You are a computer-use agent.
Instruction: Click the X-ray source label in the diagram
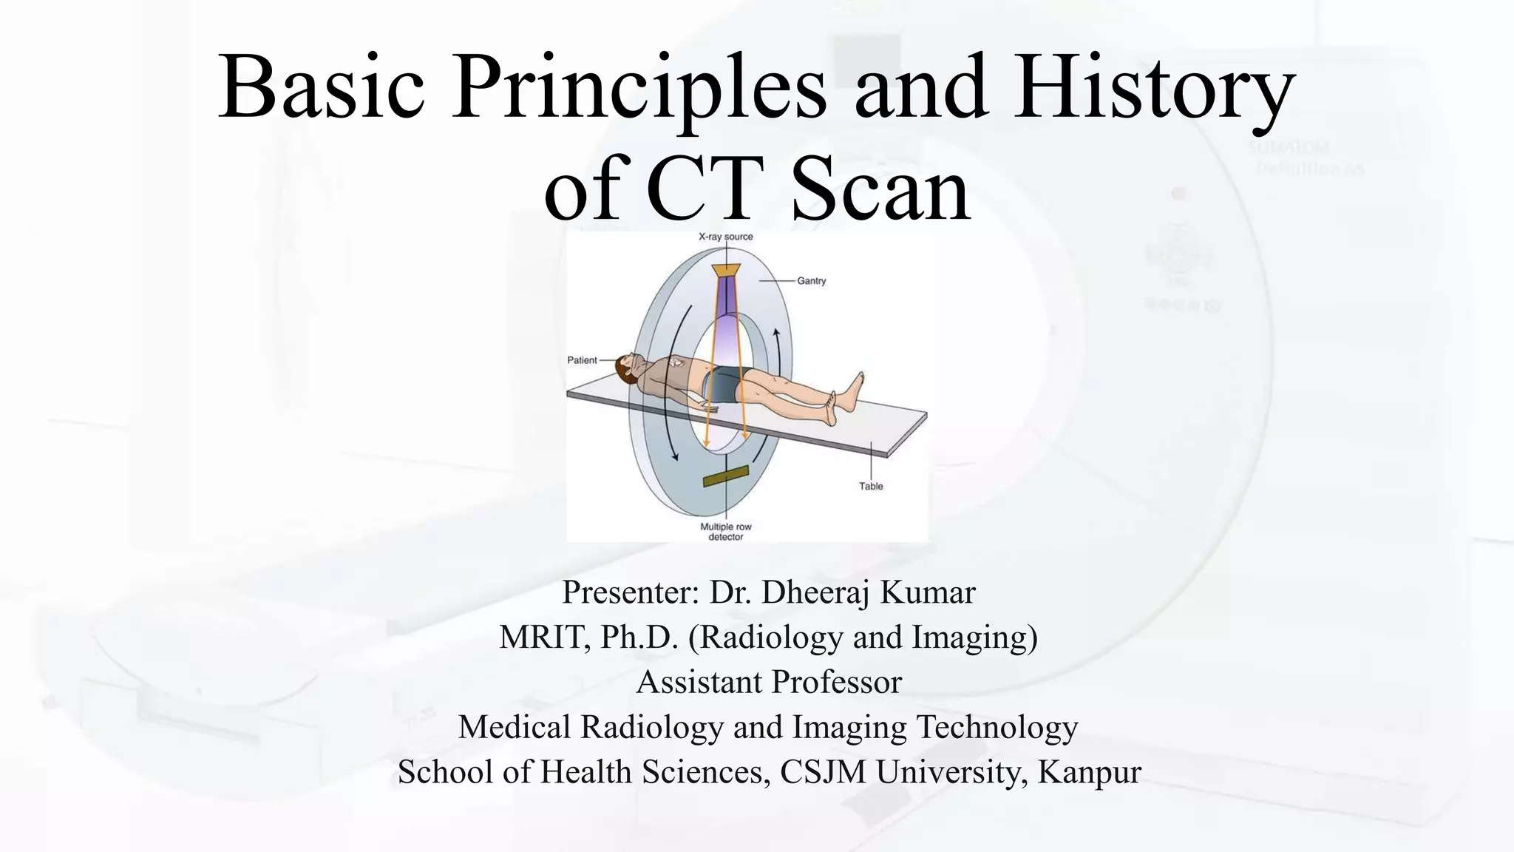pos(726,237)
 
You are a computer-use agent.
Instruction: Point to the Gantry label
pos(812,281)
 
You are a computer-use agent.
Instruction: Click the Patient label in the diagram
pos(582,360)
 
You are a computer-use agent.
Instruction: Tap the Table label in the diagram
pos(871,486)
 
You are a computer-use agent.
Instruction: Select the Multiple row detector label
pos(726,532)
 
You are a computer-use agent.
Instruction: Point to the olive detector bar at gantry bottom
pos(726,477)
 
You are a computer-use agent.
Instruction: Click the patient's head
pos(628,368)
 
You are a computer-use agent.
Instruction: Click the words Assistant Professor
pos(769,683)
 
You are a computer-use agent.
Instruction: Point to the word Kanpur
pos(1089,773)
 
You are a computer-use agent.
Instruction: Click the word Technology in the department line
pos(997,728)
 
